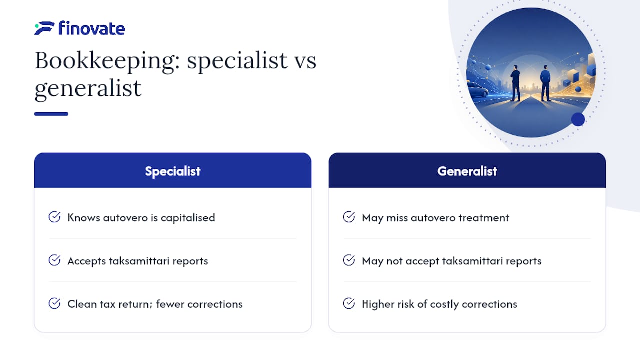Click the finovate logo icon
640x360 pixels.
click(x=44, y=28)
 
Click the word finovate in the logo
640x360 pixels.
click(x=91, y=28)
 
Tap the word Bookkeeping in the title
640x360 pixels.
click(x=107, y=61)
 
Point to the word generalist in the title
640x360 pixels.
click(x=88, y=89)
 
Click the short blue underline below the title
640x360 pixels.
click(x=51, y=114)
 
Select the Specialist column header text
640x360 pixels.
click(x=173, y=171)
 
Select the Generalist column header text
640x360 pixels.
click(x=467, y=171)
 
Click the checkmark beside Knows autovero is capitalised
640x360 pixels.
click(x=54, y=217)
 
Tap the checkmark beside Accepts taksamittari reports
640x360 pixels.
click(x=54, y=260)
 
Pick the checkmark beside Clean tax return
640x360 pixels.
click(x=54, y=303)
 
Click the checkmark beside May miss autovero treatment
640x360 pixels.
click(x=349, y=217)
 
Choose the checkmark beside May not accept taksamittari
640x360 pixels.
click(x=349, y=260)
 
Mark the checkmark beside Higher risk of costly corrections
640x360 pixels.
click(x=349, y=303)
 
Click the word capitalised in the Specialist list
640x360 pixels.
click(x=188, y=218)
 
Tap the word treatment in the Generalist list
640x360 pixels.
click(x=484, y=218)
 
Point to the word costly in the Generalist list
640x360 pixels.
click(x=444, y=304)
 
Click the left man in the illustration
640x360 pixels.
click(x=515, y=83)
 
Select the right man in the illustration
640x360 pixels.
click(x=545, y=83)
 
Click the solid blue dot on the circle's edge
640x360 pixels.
click(x=578, y=119)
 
